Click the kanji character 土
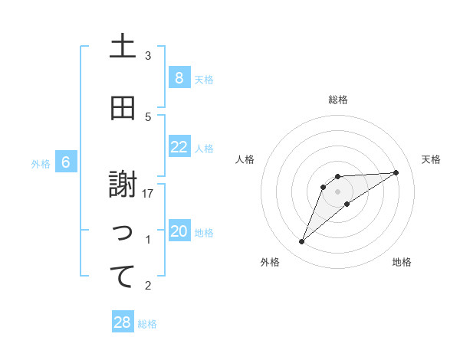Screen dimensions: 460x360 [x=123, y=47]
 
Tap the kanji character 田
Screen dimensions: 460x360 [x=123, y=109]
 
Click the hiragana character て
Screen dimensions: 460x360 [x=123, y=277]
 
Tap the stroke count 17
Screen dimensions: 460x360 [x=148, y=194]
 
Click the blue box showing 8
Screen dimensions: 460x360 [x=179, y=77]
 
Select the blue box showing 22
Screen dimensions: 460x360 [x=179, y=147]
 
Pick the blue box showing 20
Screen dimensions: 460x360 [x=179, y=232]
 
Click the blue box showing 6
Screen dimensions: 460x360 [x=66, y=162]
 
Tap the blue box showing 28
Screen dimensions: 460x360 [x=123, y=322]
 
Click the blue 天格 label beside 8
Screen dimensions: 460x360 [x=204, y=79]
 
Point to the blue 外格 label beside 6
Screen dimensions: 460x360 [x=41, y=163]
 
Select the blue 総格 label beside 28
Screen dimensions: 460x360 [x=147, y=324]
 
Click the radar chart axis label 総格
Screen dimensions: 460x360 [x=337, y=100]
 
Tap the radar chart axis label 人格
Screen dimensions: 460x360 [x=245, y=159]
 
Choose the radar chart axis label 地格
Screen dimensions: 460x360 [x=402, y=262]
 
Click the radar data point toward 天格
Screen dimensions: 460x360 [x=396, y=172]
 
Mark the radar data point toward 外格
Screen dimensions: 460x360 [x=301, y=242]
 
